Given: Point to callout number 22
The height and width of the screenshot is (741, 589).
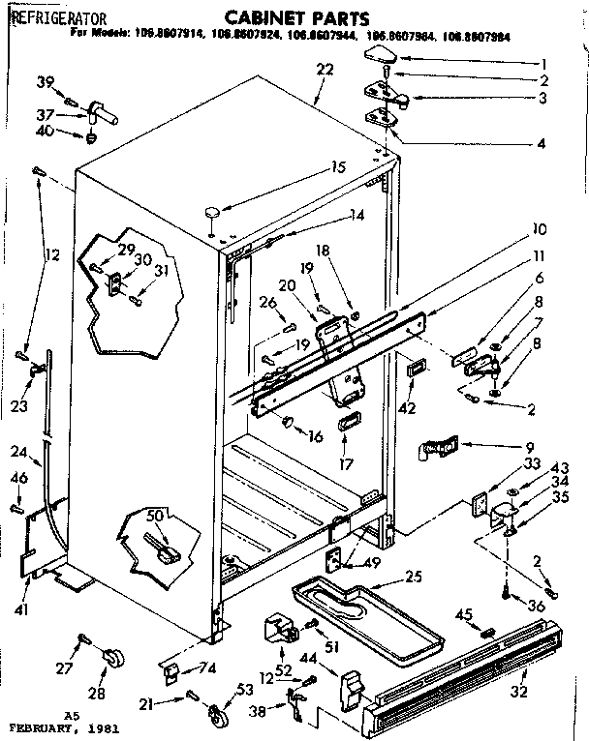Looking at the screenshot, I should click(x=325, y=69).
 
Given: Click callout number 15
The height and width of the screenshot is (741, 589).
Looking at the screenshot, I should click(x=337, y=166).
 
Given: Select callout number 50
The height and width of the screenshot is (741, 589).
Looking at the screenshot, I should click(x=154, y=515).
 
